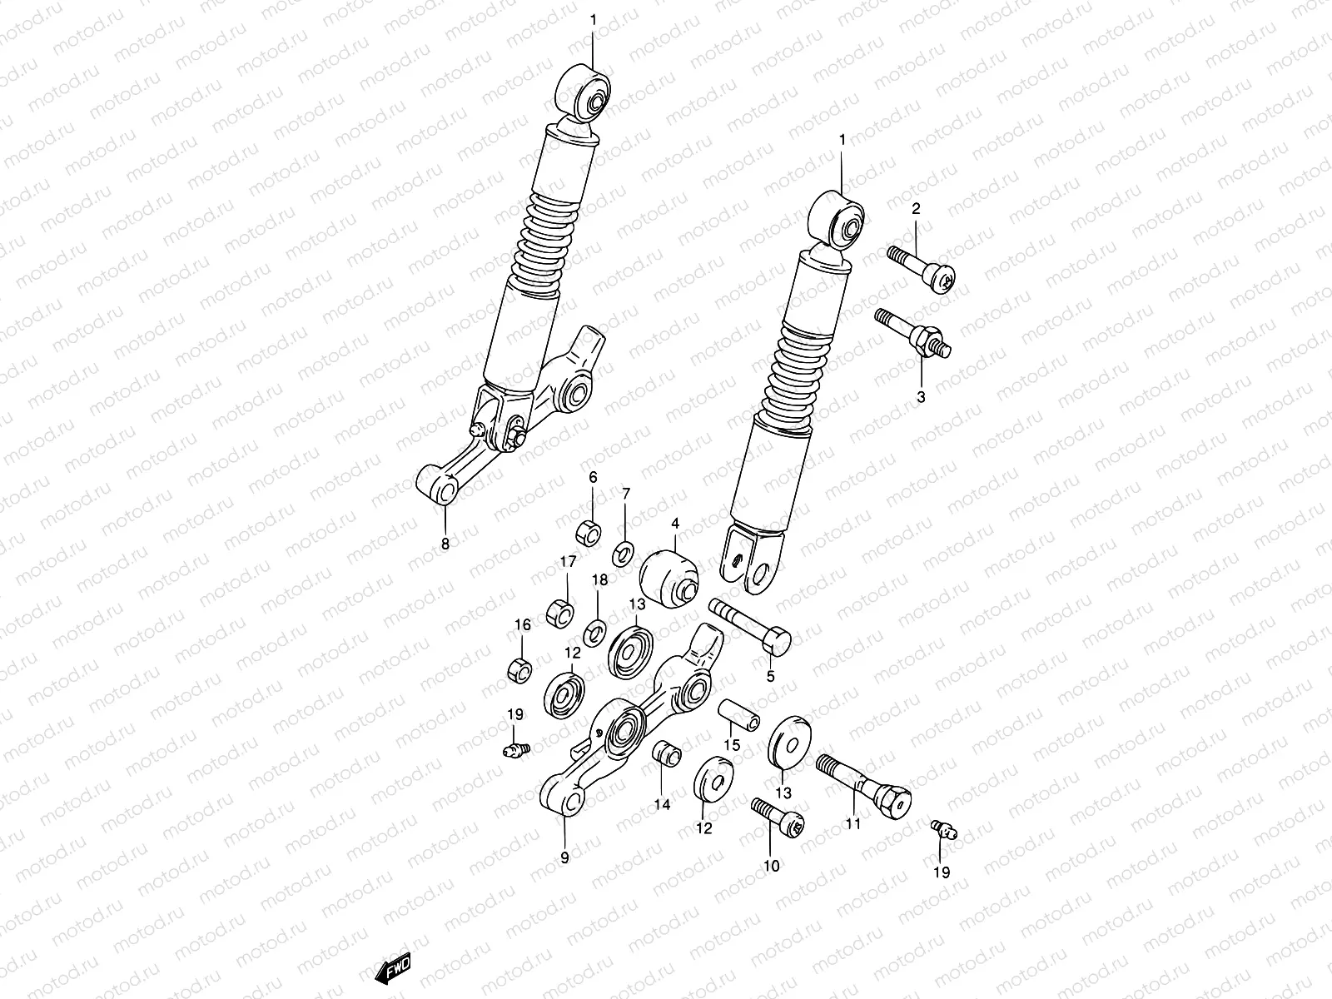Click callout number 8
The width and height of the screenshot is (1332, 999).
pos(445,544)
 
